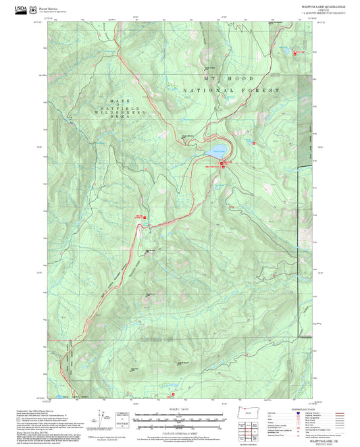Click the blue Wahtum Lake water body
pyautogui.click(x=216, y=149)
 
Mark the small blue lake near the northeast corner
pyautogui.click(x=286, y=51)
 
